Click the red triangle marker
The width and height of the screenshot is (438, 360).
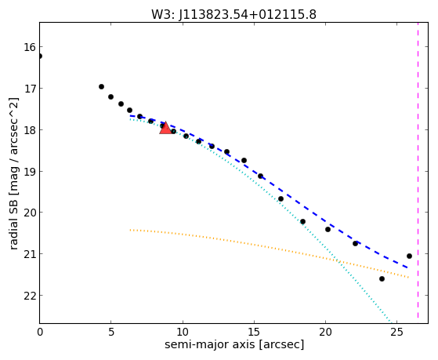[165, 128]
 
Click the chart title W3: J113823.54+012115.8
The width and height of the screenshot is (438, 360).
[233, 15]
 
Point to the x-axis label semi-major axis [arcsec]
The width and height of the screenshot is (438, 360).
[234, 344]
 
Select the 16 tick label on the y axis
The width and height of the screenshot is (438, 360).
[29, 47]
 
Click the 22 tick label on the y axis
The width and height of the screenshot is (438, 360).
[29, 296]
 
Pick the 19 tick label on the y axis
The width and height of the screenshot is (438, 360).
[29, 171]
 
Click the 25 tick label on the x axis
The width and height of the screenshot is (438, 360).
[396, 333]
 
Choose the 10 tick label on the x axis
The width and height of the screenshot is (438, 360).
[183, 333]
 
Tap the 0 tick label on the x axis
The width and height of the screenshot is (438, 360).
[40, 333]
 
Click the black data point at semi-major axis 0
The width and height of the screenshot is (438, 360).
[40, 56]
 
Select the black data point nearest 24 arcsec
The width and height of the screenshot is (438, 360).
[382, 279]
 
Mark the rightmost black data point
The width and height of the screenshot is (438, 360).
[409, 256]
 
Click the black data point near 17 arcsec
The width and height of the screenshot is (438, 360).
[281, 199]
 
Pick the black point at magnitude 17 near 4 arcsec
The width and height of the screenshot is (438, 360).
[101, 87]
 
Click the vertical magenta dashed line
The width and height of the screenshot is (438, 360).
[418, 170]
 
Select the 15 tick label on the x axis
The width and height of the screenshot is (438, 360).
[254, 333]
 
